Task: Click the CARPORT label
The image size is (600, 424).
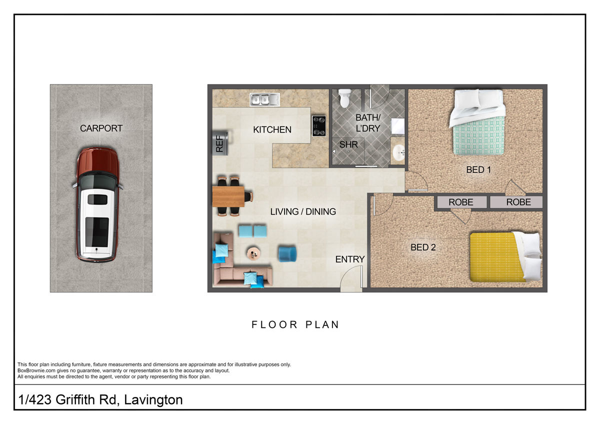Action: pyautogui.click(x=101, y=128)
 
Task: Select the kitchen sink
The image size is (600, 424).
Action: pyautogui.click(x=264, y=99)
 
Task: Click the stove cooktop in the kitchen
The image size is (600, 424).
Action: pyautogui.click(x=319, y=125)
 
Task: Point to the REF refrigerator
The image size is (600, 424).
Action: pyautogui.click(x=220, y=143)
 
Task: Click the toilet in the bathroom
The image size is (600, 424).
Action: pyautogui.click(x=344, y=98)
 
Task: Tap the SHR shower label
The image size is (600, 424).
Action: pyautogui.click(x=348, y=144)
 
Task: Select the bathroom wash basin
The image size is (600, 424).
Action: pyautogui.click(x=398, y=152)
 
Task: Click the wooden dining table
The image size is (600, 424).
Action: pyautogui.click(x=228, y=196)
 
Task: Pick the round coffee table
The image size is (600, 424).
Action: pyautogui.click(x=253, y=253)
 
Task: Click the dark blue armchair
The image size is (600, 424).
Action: pyautogui.click(x=287, y=254)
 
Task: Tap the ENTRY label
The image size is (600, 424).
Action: pyautogui.click(x=350, y=259)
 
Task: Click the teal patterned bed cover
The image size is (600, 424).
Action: pyautogui.click(x=478, y=135)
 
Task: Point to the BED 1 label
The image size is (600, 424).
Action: pyautogui.click(x=478, y=169)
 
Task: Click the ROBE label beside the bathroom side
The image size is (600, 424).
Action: pyautogui.click(x=460, y=202)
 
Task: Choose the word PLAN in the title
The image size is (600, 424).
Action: pyautogui.click(x=322, y=324)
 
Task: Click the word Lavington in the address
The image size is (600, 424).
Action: pyautogui.click(x=153, y=399)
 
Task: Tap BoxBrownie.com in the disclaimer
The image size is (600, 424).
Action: pyautogui.click(x=36, y=370)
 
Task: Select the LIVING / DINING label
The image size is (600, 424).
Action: pyautogui.click(x=303, y=211)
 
